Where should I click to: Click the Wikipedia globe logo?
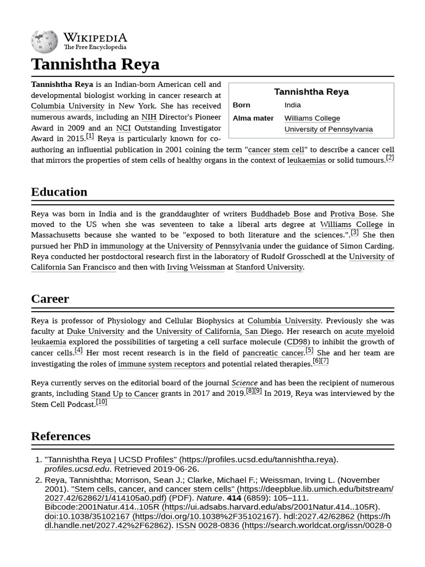[44, 42]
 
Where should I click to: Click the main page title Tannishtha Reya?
[95, 64]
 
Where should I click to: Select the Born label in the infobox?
[241, 105]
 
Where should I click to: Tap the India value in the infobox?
[292, 105]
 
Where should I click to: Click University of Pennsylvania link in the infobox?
[328, 129]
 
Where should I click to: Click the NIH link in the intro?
[148, 117]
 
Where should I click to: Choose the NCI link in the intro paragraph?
[123, 128]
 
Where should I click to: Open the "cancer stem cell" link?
[276, 150]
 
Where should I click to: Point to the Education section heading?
[59, 192]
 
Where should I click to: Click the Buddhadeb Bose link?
[280, 214]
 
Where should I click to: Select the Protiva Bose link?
[353, 214]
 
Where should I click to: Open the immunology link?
[121, 246]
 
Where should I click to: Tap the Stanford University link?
[269, 267]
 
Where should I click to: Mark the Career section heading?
[50, 299]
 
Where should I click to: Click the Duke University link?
[95, 331]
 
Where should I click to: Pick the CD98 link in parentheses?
[297, 342]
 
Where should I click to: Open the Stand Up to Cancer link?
[125, 394]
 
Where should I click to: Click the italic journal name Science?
[244, 383]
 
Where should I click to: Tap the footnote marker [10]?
[101, 402]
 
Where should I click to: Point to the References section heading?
[60, 436]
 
